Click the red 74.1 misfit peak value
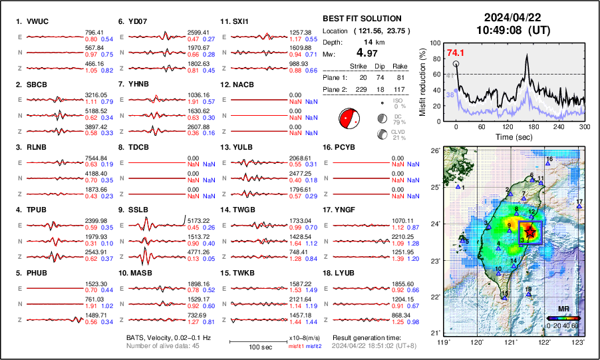click(456, 53)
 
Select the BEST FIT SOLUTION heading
click(362, 19)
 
